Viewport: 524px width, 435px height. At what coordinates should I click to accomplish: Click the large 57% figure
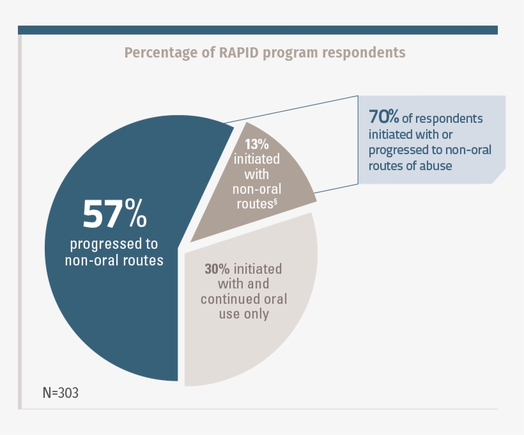pyautogui.click(x=115, y=214)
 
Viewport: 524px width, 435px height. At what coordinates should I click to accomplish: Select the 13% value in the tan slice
pyautogui.click(x=257, y=144)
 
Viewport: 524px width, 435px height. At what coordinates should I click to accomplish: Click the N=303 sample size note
pyautogui.click(x=61, y=393)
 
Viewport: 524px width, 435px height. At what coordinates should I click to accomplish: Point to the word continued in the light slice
pyautogui.click(x=227, y=299)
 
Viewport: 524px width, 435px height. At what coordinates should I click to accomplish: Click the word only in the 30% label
pyautogui.click(x=255, y=314)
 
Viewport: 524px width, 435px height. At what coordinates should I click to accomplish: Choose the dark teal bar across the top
pyautogui.click(x=258, y=30)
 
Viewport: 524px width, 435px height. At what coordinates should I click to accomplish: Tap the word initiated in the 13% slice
pyautogui.click(x=257, y=159)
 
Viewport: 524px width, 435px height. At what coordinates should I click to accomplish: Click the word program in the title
pyautogui.click(x=298, y=52)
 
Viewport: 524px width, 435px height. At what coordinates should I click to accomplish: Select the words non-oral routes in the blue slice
pyautogui.click(x=114, y=260)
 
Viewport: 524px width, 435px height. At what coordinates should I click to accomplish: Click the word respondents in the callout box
pyautogui.click(x=452, y=118)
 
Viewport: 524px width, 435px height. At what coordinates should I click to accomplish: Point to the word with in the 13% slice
pyautogui.click(x=257, y=174)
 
